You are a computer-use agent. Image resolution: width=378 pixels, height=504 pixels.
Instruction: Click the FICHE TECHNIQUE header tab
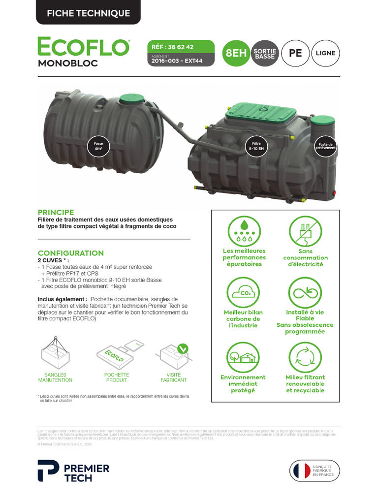(88, 13)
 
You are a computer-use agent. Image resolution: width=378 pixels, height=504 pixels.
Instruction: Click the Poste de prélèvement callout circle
(325, 146)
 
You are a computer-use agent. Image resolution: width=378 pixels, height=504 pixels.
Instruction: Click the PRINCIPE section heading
(56, 212)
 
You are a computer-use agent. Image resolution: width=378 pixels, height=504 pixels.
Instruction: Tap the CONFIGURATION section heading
(70, 253)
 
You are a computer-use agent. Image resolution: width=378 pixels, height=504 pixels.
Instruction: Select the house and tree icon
(243, 357)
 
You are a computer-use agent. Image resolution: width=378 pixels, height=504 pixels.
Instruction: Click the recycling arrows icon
(305, 357)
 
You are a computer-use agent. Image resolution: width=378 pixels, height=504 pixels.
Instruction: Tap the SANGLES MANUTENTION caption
(55, 378)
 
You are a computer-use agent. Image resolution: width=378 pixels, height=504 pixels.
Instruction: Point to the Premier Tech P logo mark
(48, 471)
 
